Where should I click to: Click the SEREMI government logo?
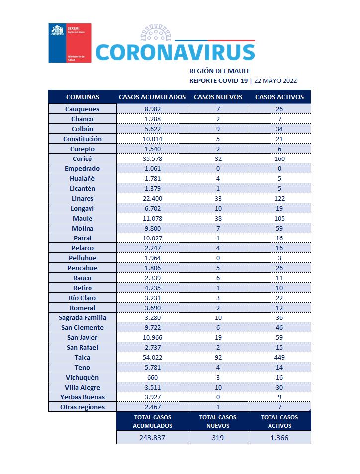(70, 43)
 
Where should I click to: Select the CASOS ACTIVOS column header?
(279, 97)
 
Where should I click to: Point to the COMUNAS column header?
(83, 97)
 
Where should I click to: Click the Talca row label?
(83, 357)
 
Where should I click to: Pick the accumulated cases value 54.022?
(152, 357)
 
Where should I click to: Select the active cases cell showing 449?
(279, 357)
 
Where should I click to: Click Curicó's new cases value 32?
(218, 158)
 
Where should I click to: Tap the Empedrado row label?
(83, 168)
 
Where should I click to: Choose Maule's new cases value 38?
(218, 218)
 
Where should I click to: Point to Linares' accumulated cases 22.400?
(152, 198)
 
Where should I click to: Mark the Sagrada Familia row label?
(83, 317)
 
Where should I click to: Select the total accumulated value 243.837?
(152, 438)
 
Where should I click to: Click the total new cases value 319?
(218, 438)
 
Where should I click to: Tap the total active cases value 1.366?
(279, 438)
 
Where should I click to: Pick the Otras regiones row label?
(83, 407)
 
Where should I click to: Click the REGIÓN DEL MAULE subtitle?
(220, 71)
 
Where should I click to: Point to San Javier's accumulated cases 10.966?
(152, 337)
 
